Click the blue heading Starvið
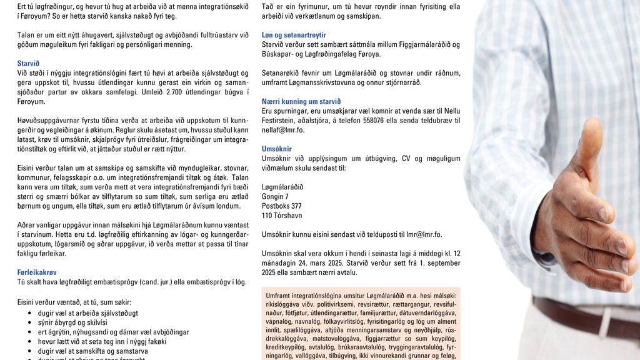(28, 63)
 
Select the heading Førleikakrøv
(37, 272)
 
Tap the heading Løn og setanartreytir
(294, 35)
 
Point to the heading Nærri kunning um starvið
(301, 101)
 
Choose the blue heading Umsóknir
(277, 149)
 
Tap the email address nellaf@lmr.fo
(284, 130)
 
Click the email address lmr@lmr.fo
(425, 234)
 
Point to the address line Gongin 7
(275, 196)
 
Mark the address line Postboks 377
(281, 206)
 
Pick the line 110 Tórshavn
(282, 216)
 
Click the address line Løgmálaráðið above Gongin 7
(282, 187)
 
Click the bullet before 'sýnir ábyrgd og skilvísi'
(31, 322)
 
